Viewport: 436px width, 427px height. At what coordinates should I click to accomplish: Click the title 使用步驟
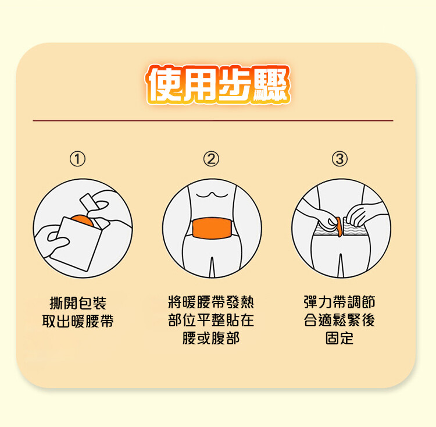218,85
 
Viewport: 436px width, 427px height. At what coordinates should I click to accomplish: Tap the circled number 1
77,159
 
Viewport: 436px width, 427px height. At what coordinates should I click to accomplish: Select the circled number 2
211,159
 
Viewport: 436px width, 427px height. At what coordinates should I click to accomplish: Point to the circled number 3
339,159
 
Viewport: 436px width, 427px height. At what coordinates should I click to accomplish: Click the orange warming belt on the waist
212,228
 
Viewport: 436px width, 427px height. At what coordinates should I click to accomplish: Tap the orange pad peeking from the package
83,220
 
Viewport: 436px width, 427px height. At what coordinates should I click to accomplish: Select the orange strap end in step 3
339,227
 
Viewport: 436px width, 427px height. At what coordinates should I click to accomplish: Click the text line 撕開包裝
78,303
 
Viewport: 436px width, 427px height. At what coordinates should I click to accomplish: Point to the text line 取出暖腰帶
78,321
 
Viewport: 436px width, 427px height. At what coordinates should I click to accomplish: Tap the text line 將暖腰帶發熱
211,302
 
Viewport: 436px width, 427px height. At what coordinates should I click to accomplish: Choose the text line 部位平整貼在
211,320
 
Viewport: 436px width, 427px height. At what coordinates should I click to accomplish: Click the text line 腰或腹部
211,338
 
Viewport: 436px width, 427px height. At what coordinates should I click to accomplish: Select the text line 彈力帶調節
339,302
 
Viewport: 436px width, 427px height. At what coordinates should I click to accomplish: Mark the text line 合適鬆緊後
339,320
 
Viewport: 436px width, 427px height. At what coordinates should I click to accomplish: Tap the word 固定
339,338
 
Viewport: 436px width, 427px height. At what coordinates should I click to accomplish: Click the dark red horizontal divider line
213,120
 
